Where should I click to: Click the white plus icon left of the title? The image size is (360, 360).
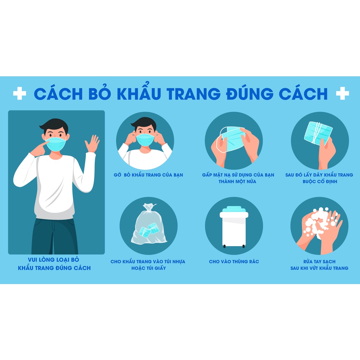point(20,93)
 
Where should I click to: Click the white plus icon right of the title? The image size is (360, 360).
point(342,93)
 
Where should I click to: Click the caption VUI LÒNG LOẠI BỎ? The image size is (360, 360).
point(54,260)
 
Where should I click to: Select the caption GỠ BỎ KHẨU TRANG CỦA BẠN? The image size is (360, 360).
point(148,175)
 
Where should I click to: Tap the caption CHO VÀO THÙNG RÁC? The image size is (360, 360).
point(234,262)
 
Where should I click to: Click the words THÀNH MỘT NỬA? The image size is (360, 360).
point(237,181)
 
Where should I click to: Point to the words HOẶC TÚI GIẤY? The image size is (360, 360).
point(148,268)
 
